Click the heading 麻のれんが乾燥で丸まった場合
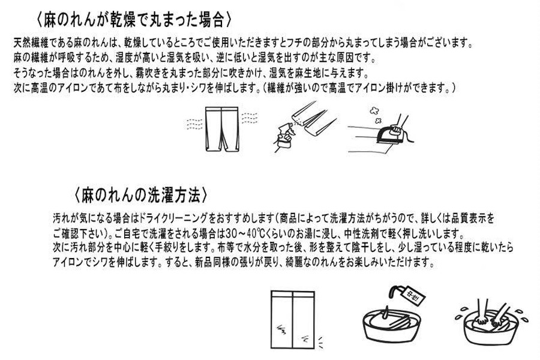(134, 20)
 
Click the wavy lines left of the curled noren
(194, 126)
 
